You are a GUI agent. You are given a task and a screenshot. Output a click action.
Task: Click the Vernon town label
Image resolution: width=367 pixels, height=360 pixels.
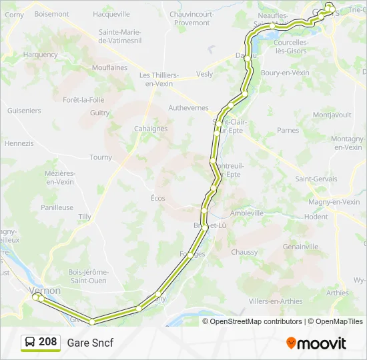click(45, 291)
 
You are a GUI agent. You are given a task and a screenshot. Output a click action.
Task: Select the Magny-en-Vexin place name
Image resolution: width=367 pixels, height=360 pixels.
click(334, 202)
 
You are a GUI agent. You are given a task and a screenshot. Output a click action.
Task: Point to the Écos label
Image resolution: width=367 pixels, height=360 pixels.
click(157, 198)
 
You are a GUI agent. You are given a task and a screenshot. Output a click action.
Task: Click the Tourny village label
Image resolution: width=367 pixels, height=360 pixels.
click(101, 157)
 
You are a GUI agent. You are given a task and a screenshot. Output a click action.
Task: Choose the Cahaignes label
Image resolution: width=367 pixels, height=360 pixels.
click(151, 129)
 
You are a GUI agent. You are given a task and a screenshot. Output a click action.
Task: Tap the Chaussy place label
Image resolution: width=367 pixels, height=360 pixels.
click(244, 252)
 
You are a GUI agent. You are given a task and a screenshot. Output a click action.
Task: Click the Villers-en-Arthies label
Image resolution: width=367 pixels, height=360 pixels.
click(275, 301)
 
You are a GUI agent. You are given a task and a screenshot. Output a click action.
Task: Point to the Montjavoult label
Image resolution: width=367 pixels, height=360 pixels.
click(332, 115)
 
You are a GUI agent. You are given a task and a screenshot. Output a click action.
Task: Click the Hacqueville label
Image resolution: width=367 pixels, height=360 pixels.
click(111, 13)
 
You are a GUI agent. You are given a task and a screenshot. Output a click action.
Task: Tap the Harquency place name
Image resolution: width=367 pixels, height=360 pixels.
click(41, 55)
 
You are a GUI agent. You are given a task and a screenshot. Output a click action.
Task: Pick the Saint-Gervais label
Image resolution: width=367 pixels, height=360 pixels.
click(317, 179)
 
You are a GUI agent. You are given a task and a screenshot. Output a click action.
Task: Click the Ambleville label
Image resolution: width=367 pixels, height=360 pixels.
click(247, 213)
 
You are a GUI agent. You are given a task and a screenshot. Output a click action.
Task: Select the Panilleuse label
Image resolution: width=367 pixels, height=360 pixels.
click(57, 207)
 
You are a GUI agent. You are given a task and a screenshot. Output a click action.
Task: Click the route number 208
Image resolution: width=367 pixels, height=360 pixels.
click(47, 342)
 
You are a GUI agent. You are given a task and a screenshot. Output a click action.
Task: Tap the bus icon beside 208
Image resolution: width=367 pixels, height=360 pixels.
click(30, 343)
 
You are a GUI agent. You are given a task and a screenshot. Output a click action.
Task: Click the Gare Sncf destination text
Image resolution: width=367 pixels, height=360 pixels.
click(90, 343)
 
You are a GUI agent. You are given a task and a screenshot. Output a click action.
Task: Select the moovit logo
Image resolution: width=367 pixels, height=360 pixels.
click(316, 343)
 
